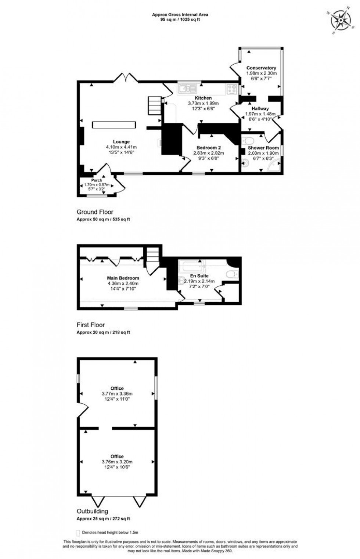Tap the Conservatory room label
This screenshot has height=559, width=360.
tap(261, 68)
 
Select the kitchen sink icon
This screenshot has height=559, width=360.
tap(187, 88)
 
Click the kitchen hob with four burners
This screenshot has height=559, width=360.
tap(232, 89)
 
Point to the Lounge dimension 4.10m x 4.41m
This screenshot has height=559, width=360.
tap(121, 147)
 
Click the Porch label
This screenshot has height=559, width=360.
tap(97, 180)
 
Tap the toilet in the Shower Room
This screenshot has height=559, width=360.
tap(249, 141)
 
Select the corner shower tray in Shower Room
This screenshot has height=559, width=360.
tap(275, 166)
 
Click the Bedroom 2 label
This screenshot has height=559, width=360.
tap(209, 148)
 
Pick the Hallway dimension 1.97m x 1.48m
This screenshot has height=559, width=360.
tap(260, 114)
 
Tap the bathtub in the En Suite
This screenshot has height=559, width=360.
tap(192, 265)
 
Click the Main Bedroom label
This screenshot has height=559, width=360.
tap(123, 278)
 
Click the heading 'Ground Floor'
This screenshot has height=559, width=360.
tap(95, 212)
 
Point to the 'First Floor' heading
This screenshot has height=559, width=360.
tap(91, 325)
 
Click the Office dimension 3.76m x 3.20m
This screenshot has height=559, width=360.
tap(117, 462)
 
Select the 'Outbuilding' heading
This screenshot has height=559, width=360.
tap(92, 511)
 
